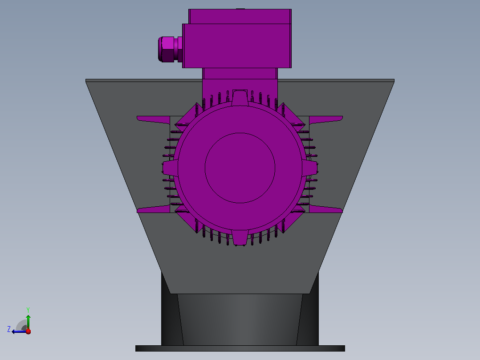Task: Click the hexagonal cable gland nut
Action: click(167, 49)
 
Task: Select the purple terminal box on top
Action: click(237, 39)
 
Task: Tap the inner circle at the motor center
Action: click(240, 168)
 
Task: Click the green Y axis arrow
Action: click(28, 322)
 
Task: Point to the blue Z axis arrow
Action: click(19, 331)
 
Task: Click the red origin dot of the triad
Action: click(28, 331)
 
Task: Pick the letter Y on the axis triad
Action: click(28, 310)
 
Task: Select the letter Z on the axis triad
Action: click(9, 329)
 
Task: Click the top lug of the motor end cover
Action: click(240, 98)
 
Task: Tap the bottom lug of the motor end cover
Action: click(240, 238)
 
